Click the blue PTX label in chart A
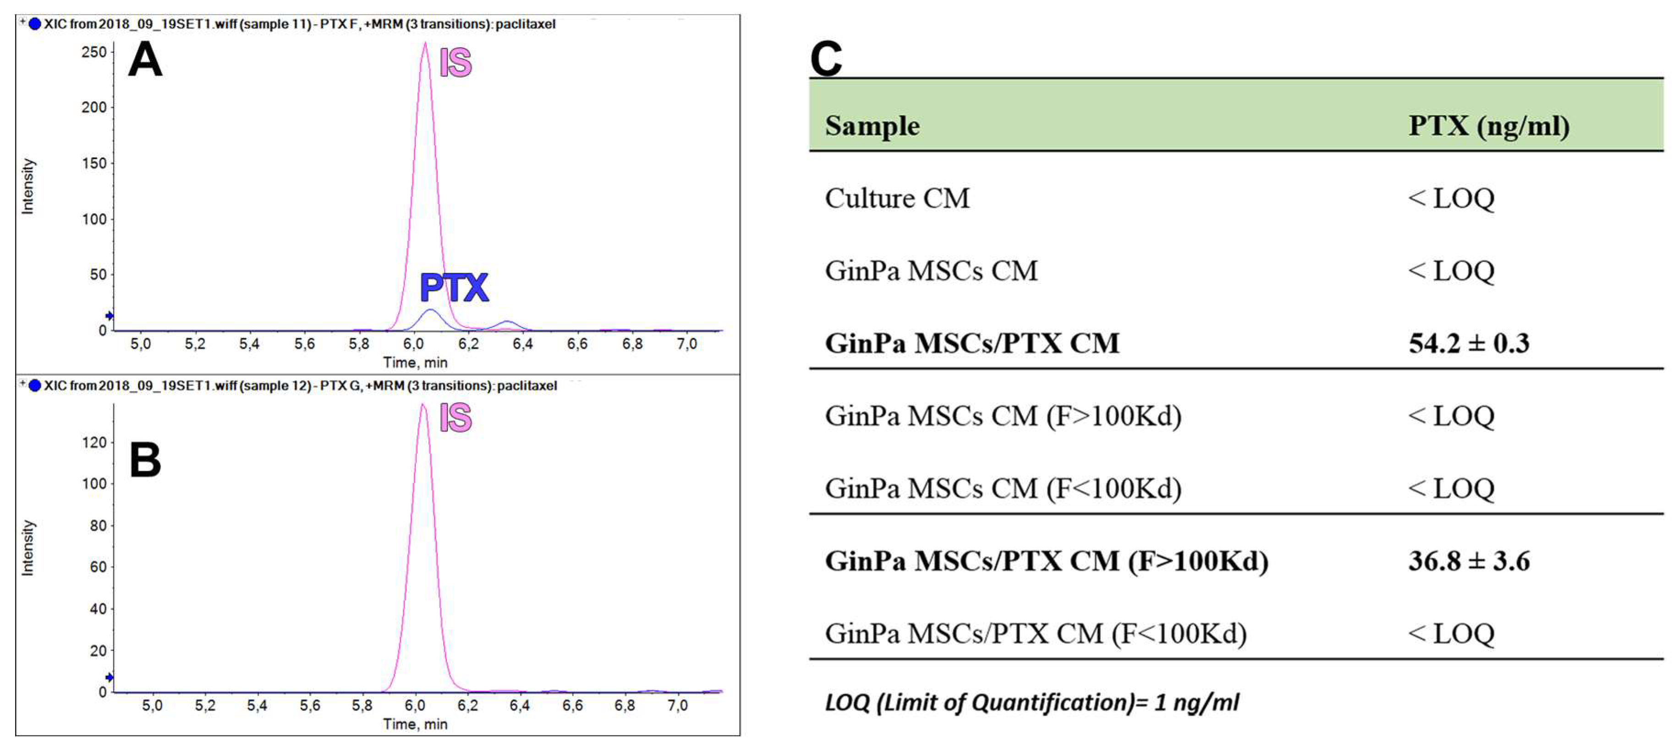point(454,287)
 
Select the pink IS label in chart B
point(455,417)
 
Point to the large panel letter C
point(826,59)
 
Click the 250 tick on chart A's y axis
point(94,52)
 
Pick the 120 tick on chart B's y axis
point(94,442)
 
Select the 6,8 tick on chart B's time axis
point(625,705)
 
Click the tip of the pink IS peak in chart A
point(425,44)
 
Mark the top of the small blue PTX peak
point(429,310)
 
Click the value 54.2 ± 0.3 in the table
point(1469,343)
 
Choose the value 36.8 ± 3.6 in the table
point(1469,561)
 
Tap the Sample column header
point(872,126)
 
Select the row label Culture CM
point(897,198)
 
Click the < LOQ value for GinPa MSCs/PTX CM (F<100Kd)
point(1451,634)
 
